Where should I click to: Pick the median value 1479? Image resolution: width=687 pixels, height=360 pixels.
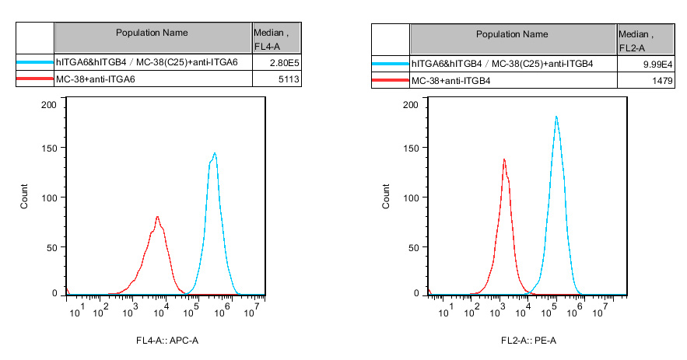pyautogui.click(x=653, y=81)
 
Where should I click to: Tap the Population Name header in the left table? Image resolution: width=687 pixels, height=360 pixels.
pyautogui.click(x=152, y=33)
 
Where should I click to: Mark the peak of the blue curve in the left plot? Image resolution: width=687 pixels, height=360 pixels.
pyautogui.click(x=214, y=154)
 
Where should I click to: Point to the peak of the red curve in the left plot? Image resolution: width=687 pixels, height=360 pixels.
pyautogui.click(x=157, y=217)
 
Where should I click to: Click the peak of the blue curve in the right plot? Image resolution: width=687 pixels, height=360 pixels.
pyautogui.click(x=556, y=117)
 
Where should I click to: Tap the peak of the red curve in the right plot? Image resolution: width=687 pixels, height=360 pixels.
pyautogui.click(x=504, y=159)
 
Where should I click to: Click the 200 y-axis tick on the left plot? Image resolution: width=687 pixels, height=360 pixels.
pyautogui.click(x=48, y=104)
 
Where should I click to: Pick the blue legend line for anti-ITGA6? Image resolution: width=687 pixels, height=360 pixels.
pyautogui.click(x=34, y=63)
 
